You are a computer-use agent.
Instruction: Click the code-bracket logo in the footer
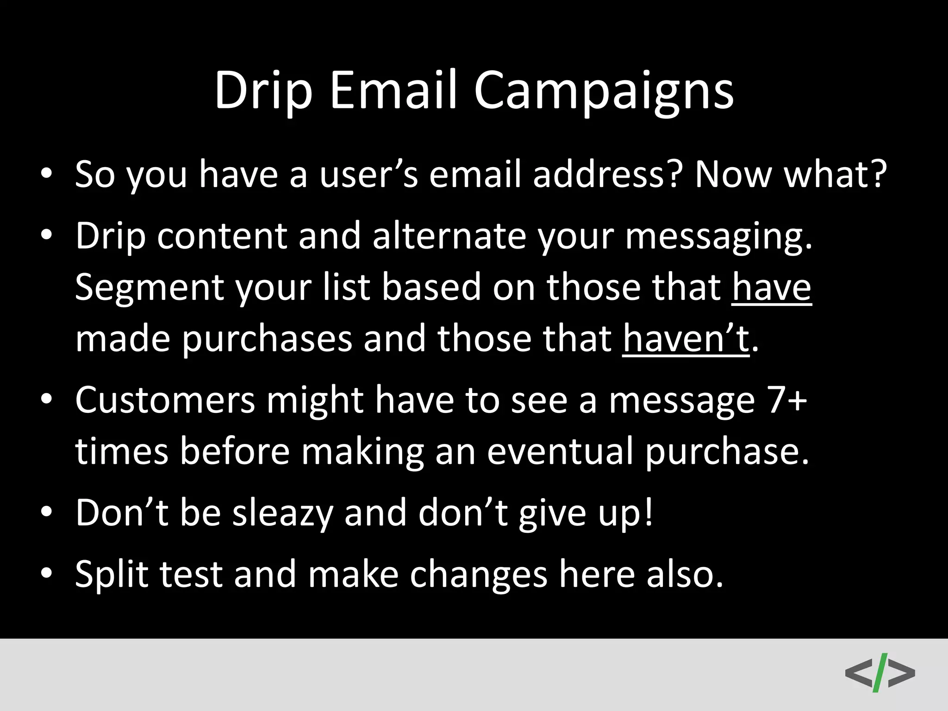pyautogui.click(x=879, y=672)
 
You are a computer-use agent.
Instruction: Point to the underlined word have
pyautogui.click(x=771, y=287)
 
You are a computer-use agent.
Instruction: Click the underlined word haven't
pyautogui.click(x=686, y=339)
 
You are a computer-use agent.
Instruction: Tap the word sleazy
pyautogui.click(x=282, y=513)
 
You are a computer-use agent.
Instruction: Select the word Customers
pyautogui.click(x=165, y=400)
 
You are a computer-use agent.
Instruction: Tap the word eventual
pyautogui.click(x=560, y=451)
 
